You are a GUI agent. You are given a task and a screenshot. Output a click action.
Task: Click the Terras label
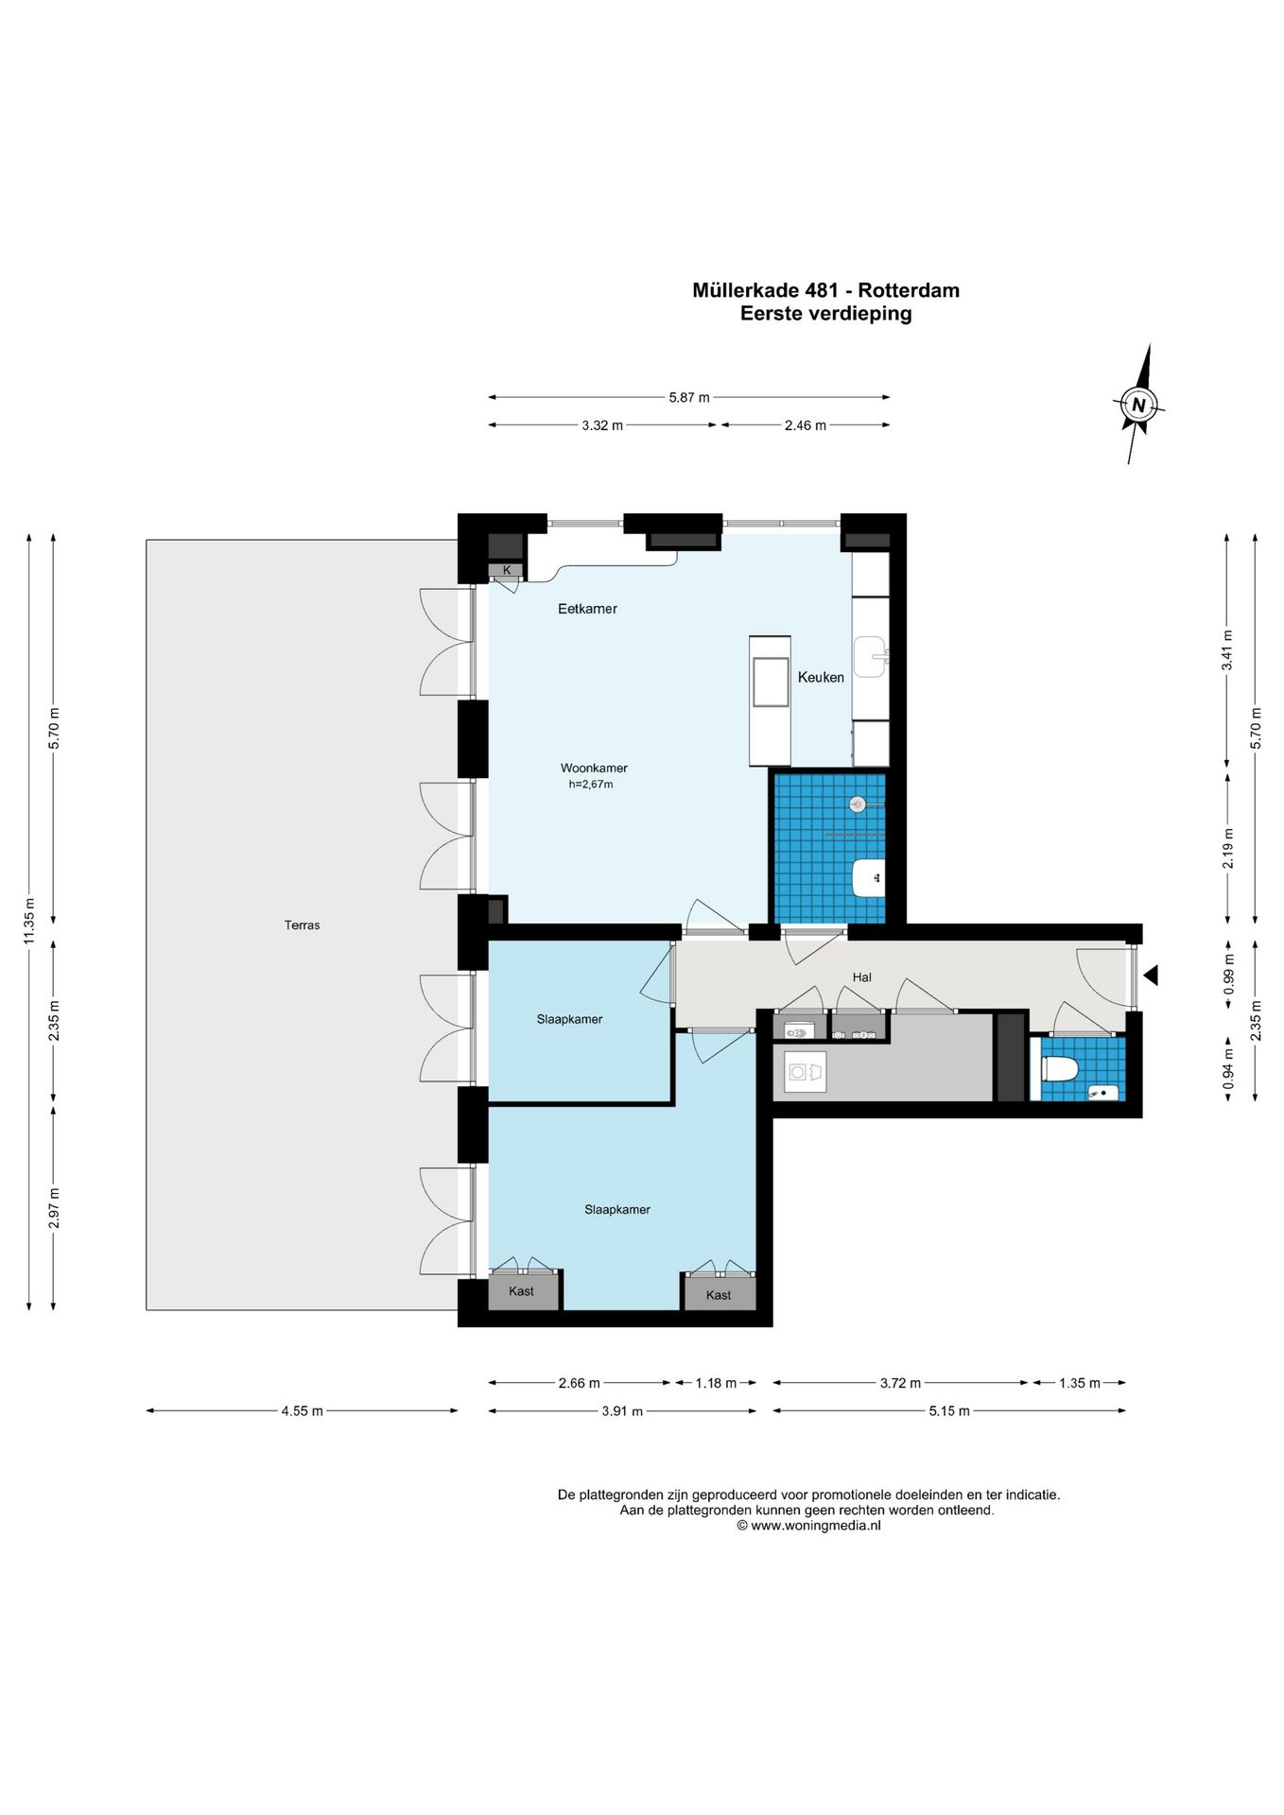302,925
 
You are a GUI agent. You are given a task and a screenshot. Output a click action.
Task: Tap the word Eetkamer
587,609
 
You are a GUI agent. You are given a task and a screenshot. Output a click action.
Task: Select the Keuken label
821,677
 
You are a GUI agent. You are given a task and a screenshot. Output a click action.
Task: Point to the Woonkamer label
594,768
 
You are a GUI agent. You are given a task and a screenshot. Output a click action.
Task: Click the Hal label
861,977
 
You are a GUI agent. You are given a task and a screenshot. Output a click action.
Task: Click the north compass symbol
1138,405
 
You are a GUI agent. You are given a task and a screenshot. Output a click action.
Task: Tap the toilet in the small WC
1060,1069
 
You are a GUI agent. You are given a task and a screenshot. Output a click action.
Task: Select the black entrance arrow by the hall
1151,975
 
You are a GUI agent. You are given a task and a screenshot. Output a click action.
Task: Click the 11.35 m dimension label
28,922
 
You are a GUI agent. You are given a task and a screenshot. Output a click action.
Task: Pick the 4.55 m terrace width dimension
302,1411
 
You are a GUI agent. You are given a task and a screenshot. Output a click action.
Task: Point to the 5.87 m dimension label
689,398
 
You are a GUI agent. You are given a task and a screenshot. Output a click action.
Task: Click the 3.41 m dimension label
1227,650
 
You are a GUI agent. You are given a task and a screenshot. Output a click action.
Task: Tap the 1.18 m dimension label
716,1383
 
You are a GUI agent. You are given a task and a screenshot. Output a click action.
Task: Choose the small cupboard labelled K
506,570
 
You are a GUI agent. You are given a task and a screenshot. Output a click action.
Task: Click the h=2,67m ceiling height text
591,785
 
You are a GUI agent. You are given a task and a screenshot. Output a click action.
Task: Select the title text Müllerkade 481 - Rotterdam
825,290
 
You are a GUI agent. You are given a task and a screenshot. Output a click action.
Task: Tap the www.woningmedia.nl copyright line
808,1526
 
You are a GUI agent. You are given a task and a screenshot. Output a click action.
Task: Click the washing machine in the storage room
806,1071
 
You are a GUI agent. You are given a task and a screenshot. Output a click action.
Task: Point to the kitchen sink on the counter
870,657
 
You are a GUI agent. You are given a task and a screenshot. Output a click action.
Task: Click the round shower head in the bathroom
858,804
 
